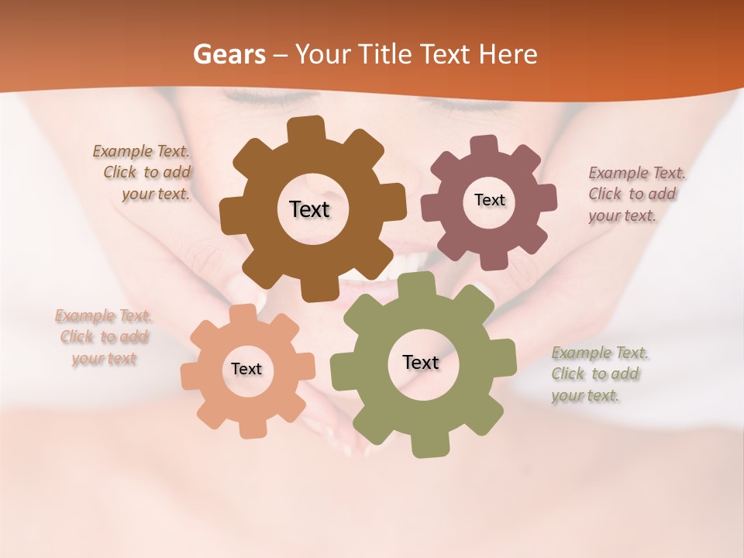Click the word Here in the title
pyautogui.click(x=508, y=54)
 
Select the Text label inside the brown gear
pyautogui.click(x=309, y=209)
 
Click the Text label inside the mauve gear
pyautogui.click(x=489, y=200)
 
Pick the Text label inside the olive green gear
pyautogui.click(x=421, y=362)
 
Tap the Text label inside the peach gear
pyautogui.click(x=246, y=369)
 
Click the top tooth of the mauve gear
pyautogui.click(x=484, y=145)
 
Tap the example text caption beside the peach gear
pyautogui.click(x=104, y=337)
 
